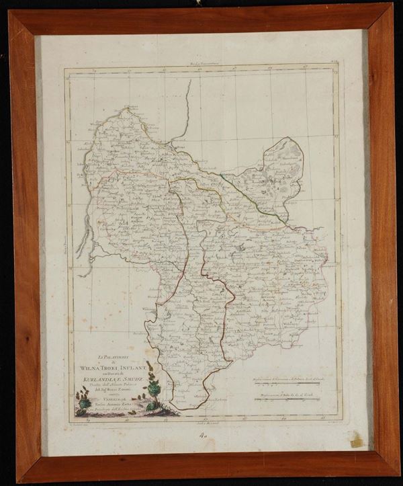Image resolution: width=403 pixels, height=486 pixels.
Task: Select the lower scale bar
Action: point(289,401)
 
